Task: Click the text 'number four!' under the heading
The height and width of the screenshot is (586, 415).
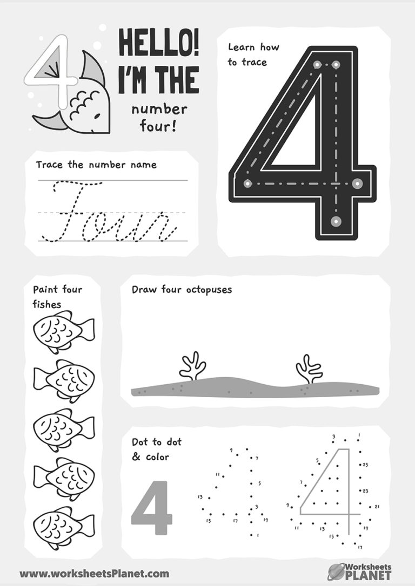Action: [159, 118]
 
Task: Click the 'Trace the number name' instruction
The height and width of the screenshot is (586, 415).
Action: [96, 165]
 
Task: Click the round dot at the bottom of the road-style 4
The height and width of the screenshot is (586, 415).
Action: [336, 221]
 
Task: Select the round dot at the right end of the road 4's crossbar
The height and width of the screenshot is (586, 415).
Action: [357, 183]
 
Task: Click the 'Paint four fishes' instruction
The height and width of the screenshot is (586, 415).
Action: [57, 297]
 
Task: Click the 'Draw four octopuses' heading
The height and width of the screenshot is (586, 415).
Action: [182, 290]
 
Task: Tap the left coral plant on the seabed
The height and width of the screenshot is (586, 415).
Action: [192, 366]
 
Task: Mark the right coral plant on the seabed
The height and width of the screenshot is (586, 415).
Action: [309, 369]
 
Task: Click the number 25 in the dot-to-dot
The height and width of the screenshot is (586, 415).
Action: [365, 465]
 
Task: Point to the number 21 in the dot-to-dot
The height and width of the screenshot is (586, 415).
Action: [377, 507]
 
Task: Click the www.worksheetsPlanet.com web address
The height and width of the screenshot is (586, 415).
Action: [94, 574]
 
